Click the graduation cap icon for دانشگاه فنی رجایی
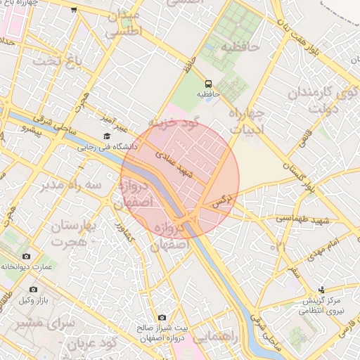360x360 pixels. click(x=106, y=136)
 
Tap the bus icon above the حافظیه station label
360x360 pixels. click(x=207, y=82)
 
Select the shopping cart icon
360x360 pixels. click(x=74, y=10)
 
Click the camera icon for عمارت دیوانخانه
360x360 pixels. click(x=27, y=257)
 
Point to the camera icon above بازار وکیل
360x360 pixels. click(x=33, y=289)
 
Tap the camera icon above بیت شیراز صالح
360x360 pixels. click(x=162, y=317)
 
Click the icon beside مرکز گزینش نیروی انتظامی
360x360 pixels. click(x=322, y=289)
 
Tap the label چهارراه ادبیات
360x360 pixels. click(x=246, y=120)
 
